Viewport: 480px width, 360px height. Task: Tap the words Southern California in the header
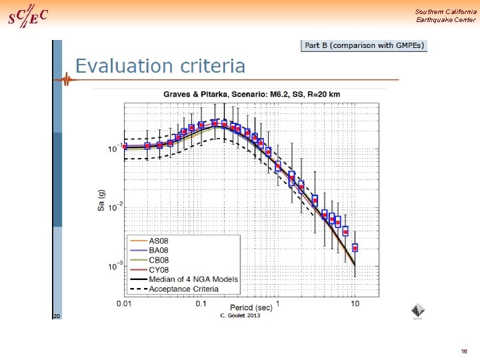445,12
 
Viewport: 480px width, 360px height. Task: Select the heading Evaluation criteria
160,66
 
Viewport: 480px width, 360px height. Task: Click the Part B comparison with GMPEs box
364,45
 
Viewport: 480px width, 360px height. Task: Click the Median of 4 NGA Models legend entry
193,279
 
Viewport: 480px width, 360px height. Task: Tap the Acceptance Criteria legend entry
183,289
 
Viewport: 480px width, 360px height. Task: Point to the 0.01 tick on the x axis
124,304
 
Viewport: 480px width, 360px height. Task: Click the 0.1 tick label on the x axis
201,304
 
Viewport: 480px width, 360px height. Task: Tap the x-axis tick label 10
355,304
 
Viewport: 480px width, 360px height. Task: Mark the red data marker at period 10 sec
355,248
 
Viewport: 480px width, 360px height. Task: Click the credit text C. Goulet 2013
239,315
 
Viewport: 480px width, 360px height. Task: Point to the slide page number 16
464,351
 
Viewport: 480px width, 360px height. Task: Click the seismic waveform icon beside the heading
66,81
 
